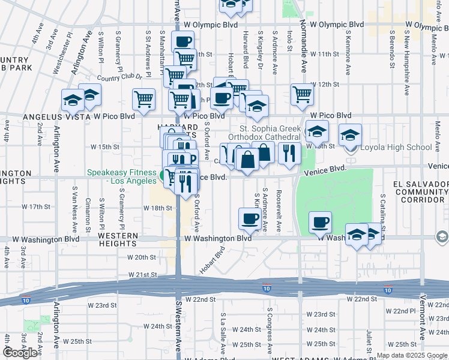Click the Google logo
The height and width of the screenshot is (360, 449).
(20, 353)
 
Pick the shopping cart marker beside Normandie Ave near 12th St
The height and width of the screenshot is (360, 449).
(302, 94)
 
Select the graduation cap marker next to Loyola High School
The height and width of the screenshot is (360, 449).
(350, 136)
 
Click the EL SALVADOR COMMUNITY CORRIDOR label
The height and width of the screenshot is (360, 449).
(418, 191)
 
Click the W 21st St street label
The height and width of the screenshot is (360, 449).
(142, 274)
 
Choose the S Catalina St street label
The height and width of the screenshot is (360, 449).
(382, 212)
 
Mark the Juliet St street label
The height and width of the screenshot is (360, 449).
(369, 340)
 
